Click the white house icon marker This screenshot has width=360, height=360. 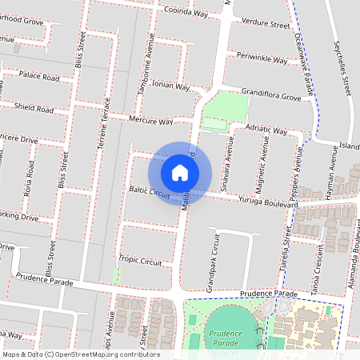pyautogui.click(x=180, y=173)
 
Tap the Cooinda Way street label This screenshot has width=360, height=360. pyautogui.click(x=186, y=14)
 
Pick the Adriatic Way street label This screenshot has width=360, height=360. pyautogui.click(x=267, y=129)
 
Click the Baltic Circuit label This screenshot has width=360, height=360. pyautogui.click(x=150, y=192)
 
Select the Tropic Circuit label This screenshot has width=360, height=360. pyautogui.click(x=140, y=260)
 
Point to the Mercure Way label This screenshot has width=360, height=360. pyautogui.click(x=150, y=122)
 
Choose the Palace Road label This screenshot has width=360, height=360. pyautogui.click(x=40, y=78)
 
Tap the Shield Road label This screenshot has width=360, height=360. pyautogui.click(x=34, y=108)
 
